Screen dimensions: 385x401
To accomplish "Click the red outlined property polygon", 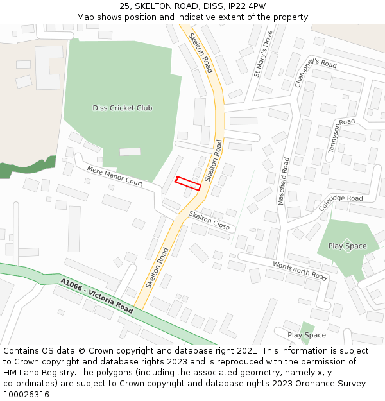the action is click(x=188, y=183).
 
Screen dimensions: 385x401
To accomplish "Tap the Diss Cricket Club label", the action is click(x=123, y=108).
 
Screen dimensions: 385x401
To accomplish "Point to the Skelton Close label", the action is click(x=209, y=221).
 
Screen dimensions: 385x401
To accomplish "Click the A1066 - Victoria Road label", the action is click(x=97, y=296).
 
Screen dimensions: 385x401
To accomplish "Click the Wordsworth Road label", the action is click(x=300, y=270).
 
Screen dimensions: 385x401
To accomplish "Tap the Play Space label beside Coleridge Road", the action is click(x=347, y=246).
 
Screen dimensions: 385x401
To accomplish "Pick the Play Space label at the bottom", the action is click(x=307, y=335).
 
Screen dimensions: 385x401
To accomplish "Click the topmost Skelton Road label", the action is click(x=200, y=53).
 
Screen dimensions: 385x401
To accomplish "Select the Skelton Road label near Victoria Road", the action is click(x=157, y=268).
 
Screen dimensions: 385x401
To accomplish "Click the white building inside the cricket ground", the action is click(x=130, y=152).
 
